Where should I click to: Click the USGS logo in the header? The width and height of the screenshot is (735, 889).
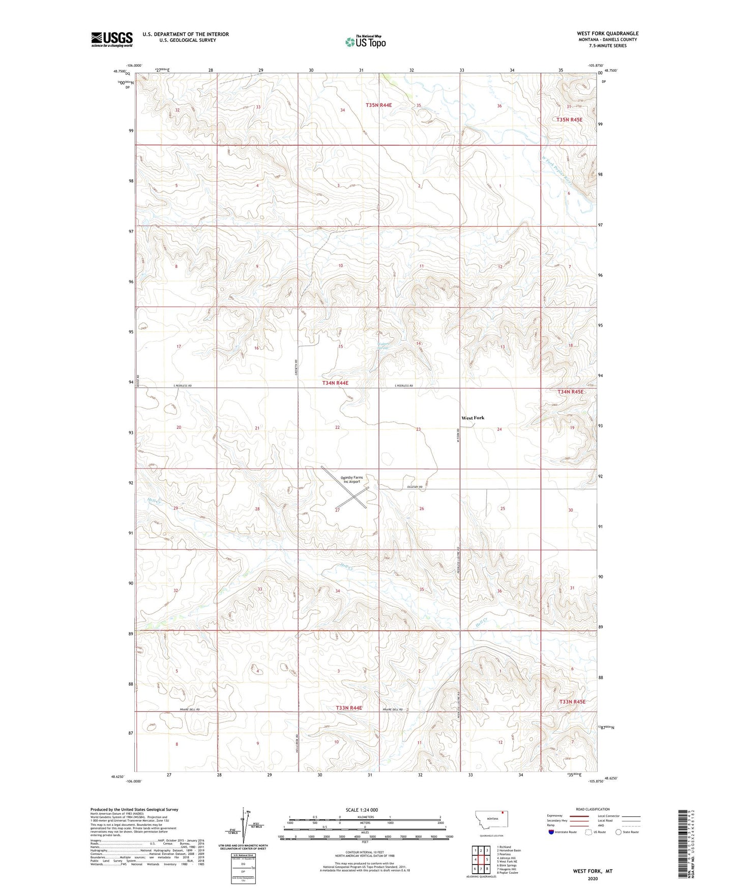click(x=112, y=39)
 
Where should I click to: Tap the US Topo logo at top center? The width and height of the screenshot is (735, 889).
click(x=365, y=42)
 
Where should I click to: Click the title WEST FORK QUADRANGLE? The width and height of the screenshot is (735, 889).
click(x=607, y=33)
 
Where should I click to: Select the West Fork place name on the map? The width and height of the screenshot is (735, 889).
click(x=473, y=418)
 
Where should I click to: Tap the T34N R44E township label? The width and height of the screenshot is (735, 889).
click(x=335, y=382)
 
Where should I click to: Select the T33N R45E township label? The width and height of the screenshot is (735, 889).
click(x=572, y=702)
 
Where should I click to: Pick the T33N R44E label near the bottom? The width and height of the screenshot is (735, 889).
click(x=349, y=708)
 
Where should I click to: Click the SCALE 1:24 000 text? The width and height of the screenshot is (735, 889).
click(x=362, y=810)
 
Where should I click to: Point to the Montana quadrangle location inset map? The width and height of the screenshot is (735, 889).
click(x=491, y=819)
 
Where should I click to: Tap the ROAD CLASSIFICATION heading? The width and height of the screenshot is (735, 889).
click(x=593, y=809)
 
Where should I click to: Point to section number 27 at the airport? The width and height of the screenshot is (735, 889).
click(x=337, y=510)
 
